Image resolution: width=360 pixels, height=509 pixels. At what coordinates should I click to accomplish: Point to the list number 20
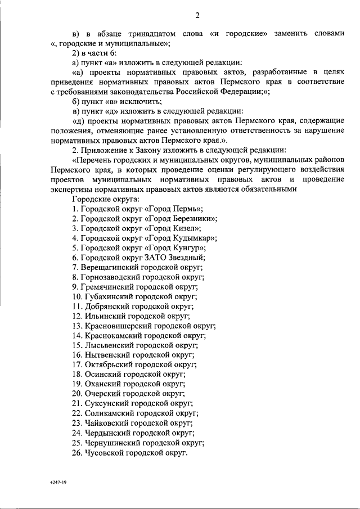tap(77, 394)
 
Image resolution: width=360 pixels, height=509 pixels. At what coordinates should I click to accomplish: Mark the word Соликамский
tap(110, 413)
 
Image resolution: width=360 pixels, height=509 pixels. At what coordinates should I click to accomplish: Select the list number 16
tap(77, 355)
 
